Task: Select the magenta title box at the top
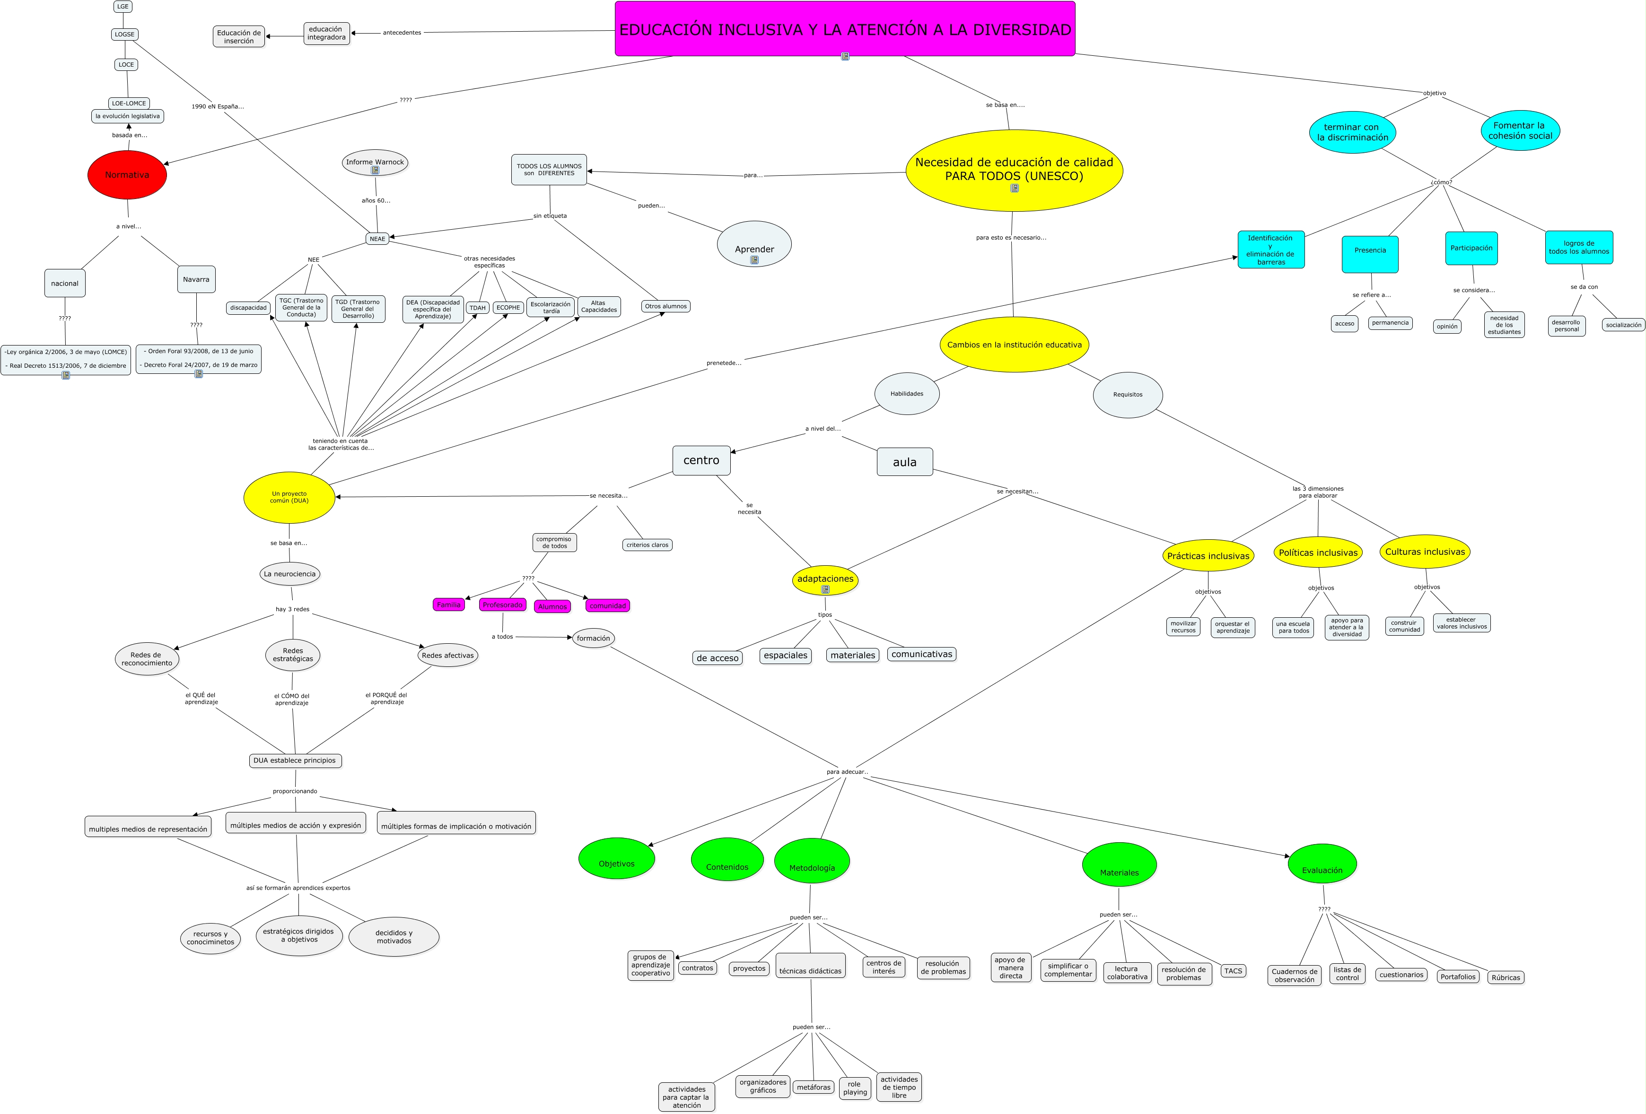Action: click(844, 29)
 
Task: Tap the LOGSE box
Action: click(125, 34)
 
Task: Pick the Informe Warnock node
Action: click(375, 163)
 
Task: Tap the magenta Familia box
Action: click(448, 604)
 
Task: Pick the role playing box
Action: click(855, 1088)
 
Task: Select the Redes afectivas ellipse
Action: click(447, 656)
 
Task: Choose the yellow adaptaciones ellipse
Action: click(825, 579)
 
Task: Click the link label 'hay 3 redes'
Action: click(292, 609)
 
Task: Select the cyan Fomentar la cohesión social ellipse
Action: click(1520, 130)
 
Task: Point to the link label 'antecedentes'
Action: click(402, 33)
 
